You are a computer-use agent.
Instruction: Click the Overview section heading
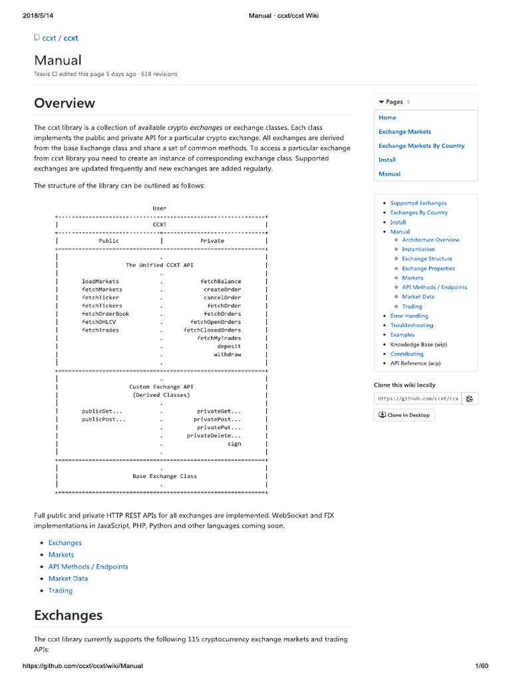click(x=65, y=103)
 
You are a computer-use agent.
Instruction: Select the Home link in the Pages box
click(x=387, y=117)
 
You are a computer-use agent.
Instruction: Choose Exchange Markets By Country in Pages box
click(x=421, y=146)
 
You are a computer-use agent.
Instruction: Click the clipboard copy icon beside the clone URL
click(x=469, y=399)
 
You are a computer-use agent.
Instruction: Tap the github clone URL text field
click(x=417, y=399)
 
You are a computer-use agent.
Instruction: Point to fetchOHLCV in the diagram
click(x=99, y=322)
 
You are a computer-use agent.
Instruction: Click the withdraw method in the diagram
click(x=227, y=354)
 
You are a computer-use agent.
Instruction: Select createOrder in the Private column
click(x=222, y=290)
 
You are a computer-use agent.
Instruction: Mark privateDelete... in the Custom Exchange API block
click(x=214, y=436)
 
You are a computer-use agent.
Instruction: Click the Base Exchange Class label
click(x=164, y=476)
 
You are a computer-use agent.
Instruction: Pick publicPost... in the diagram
click(x=104, y=420)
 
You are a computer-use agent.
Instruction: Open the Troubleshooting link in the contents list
click(x=411, y=326)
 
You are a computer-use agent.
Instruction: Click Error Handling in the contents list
click(x=409, y=316)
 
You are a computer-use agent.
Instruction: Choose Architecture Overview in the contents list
click(x=430, y=240)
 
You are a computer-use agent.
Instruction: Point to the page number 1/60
click(x=482, y=666)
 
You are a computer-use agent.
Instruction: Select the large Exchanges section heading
click(x=68, y=615)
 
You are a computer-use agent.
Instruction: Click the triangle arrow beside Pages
click(x=381, y=102)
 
